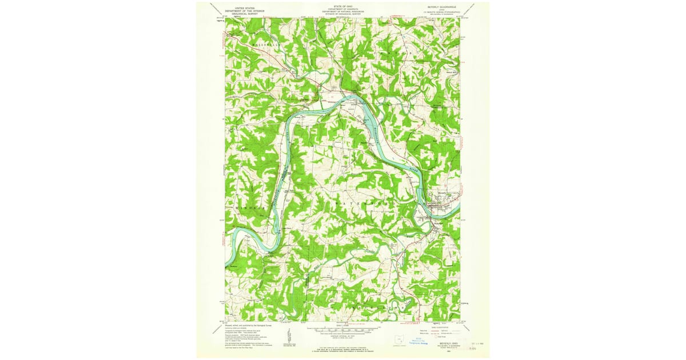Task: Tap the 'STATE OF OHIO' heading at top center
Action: [x=342, y=5]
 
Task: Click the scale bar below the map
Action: [x=343, y=330]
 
